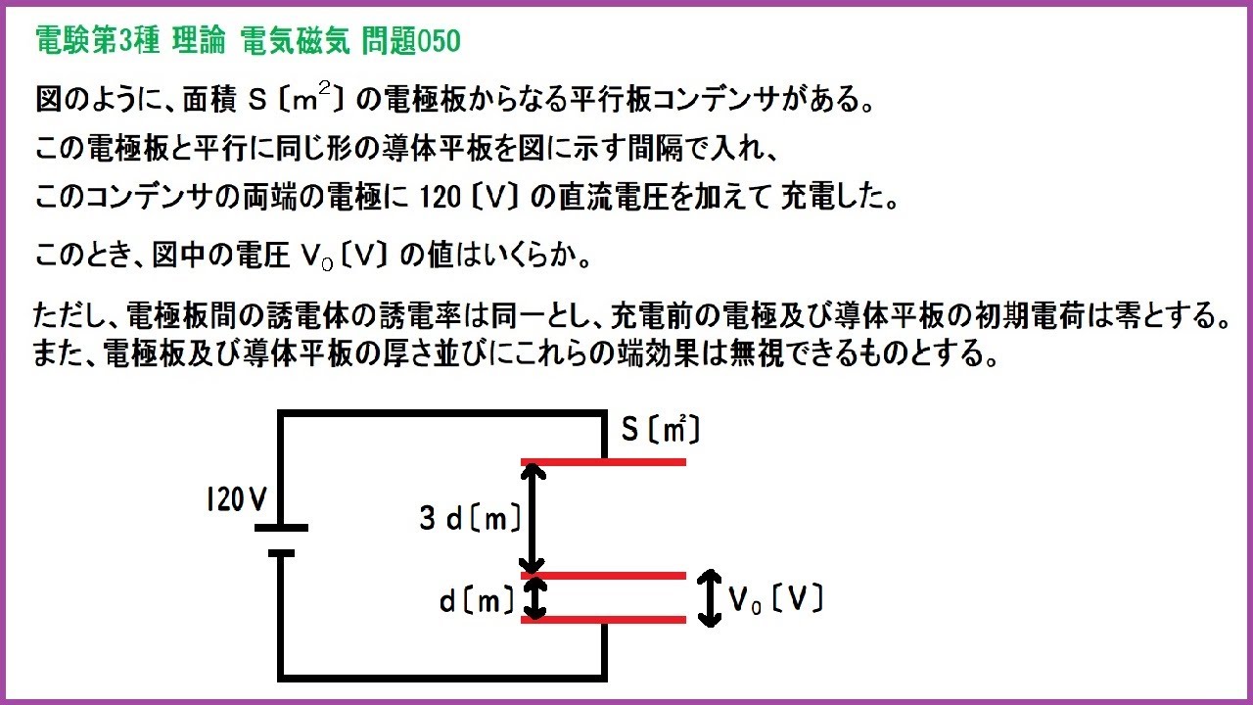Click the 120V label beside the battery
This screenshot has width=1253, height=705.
pyautogui.click(x=236, y=500)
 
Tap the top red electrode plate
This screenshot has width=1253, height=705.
pyautogui.click(x=603, y=461)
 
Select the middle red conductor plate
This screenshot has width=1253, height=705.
pyautogui.click(x=603, y=576)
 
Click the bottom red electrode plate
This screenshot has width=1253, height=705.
pyautogui.click(x=603, y=619)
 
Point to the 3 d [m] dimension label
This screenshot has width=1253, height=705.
pyautogui.click(x=470, y=518)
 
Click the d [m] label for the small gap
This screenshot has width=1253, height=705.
pyautogui.click(x=477, y=601)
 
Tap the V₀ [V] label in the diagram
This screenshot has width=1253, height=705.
pyautogui.click(x=774, y=599)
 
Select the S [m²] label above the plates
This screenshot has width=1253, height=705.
pyautogui.click(x=661, y=430)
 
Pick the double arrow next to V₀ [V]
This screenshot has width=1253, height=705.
pyautogui.click(x=709, y=598)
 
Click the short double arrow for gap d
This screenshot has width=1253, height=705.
pyautogui.click(x=534, y=597)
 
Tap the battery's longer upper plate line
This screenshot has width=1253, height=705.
pyautogui.click(x=281, y=528)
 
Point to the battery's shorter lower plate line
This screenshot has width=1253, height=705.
pyautogui.click(x=281, y=553)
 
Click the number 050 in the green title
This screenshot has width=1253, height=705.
pyautogui.click(x=439, y=41)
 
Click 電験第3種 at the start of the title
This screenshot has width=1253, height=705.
pyautogui.click(x=94, y=41)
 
